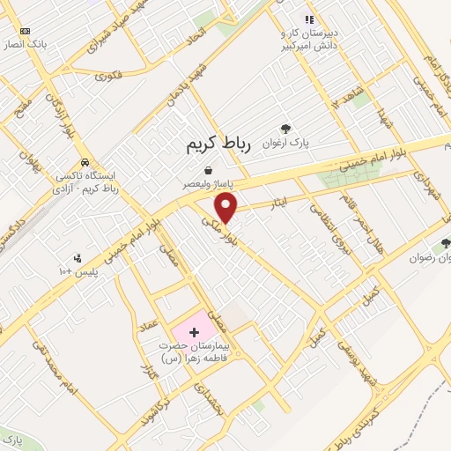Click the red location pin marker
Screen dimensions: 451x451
(227, 208)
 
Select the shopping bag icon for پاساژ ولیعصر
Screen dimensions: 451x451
(208, 171)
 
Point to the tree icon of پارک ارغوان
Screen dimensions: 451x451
(284, 129)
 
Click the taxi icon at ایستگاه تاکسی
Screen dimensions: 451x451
(84, 163)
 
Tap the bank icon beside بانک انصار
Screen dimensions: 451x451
(24, 30)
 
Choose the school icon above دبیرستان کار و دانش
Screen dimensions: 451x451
(308, 19)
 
